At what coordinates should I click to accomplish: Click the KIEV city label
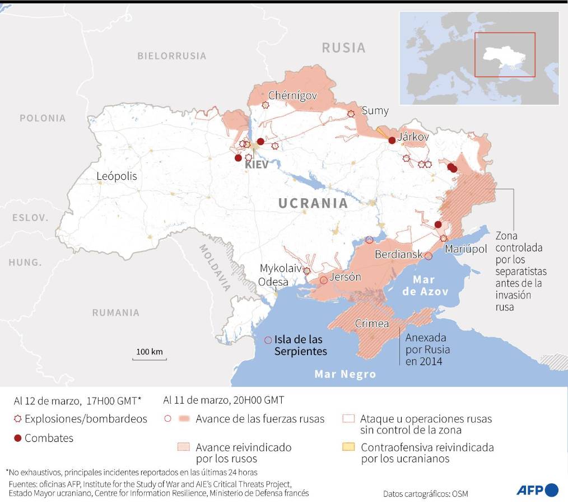[x=255, y=165]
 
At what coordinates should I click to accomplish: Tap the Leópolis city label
[x=117, y=176]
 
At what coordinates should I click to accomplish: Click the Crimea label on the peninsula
[x=371, y=324]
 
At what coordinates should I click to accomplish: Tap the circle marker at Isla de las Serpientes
[x=268, y=340]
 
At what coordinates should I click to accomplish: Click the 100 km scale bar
[x=149, y=356]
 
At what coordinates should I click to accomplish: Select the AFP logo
[x=537, y=490]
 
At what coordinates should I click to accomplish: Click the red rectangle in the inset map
[x=505, y=54]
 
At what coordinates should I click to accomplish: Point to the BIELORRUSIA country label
[x=172, y=56]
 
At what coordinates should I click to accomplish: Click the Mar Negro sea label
[x=345, y=374]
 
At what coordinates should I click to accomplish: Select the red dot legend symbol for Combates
[x=17, y=438]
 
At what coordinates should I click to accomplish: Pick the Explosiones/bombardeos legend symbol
[x=17, y=419]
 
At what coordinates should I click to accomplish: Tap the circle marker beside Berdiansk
[x=428, y=256]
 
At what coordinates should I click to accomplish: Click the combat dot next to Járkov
[x=392, y=141]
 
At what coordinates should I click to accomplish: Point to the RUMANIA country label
[x=116, y=312]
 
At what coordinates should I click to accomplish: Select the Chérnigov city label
[x=292, y=96]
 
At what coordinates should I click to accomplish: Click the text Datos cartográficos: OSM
[x=425, y=494]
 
